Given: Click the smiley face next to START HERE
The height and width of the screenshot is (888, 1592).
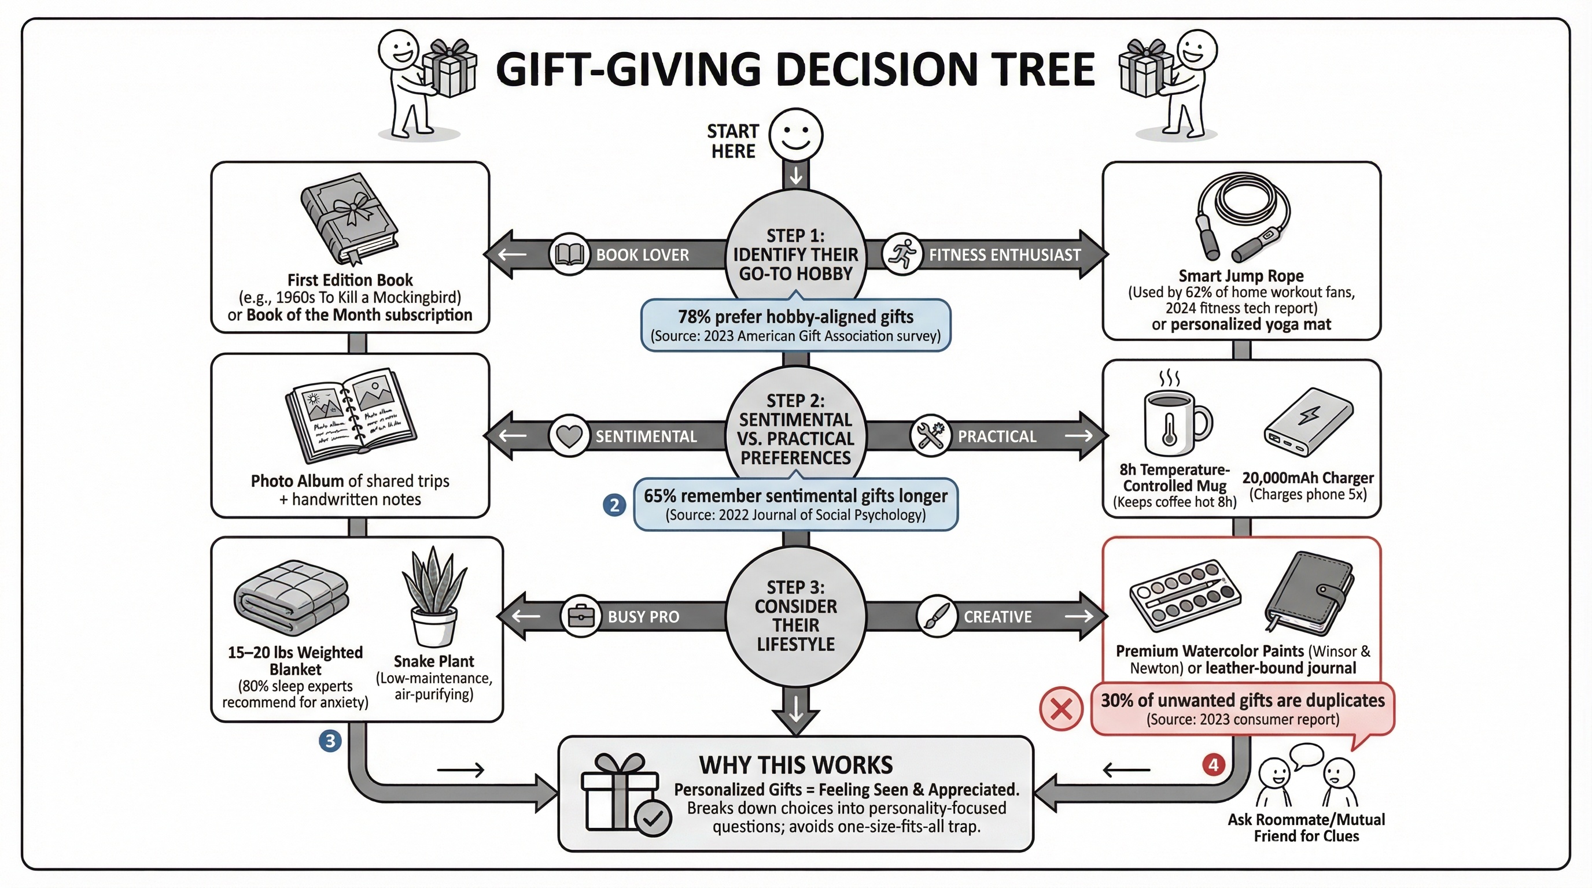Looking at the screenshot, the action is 796,135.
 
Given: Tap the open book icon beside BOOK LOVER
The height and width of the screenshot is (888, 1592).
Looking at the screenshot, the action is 569,254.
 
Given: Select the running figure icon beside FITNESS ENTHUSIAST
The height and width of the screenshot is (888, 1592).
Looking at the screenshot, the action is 902,254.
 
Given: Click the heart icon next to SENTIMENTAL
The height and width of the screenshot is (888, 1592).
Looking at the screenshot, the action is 569,436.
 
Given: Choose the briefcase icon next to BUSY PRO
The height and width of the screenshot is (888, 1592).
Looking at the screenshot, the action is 581,616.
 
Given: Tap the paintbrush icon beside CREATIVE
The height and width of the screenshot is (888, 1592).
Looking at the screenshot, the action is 937,616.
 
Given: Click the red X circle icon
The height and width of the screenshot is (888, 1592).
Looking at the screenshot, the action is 1061,709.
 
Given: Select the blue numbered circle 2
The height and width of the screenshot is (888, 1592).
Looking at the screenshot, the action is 614,505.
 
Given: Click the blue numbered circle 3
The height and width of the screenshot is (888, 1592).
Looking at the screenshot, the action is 330,741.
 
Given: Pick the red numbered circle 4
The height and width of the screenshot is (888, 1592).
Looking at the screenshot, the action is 1214,765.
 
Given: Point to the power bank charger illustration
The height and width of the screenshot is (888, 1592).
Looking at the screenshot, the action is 1309,423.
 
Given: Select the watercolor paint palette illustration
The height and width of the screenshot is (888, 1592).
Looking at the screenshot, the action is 1185,595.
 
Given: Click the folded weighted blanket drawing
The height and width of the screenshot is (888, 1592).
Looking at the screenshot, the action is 291,597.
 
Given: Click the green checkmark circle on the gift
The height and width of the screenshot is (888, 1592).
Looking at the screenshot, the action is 653,818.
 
